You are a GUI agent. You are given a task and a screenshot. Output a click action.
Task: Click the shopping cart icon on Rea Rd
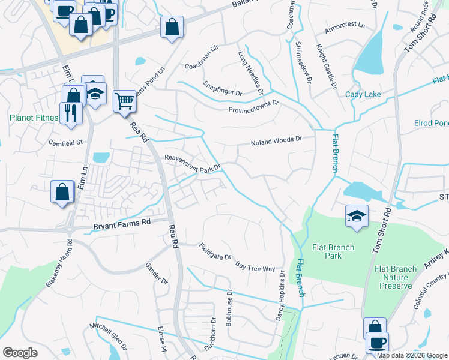pyautogui.click(x=124, y=101)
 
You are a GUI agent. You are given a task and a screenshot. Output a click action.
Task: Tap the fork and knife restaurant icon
pyautogui.click(x=71, y=113)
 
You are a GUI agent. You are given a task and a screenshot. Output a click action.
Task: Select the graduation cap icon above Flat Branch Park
pyautogui.click(x=357, y=216)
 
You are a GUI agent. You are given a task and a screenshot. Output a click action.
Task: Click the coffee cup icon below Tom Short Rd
pyautogui.click(x=377, y=343)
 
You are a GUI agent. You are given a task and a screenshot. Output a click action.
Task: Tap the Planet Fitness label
pyautogui.click(x=34, y=118)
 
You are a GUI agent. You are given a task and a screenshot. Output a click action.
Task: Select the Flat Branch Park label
pyautogui.click(x=333, y=251)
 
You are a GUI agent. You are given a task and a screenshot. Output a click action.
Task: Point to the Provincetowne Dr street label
pyautogui.click(x=253, y=106)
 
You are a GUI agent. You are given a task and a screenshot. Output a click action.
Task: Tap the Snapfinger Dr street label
pyautogui.click(x=222, y=89)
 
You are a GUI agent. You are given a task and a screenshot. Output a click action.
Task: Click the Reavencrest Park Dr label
pyautogui.click(x=193, y=162)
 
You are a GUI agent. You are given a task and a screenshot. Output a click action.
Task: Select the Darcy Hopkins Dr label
pyautogui.click(x=280, y=298)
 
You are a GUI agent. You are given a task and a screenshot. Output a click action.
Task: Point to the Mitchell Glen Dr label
pyautogui.click(x=109, y=337)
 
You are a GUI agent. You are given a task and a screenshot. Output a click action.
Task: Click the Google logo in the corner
pyautogui.click(x=20, y=353)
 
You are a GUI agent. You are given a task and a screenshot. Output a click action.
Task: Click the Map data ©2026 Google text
pyautogui.click(x=412, y=355)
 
